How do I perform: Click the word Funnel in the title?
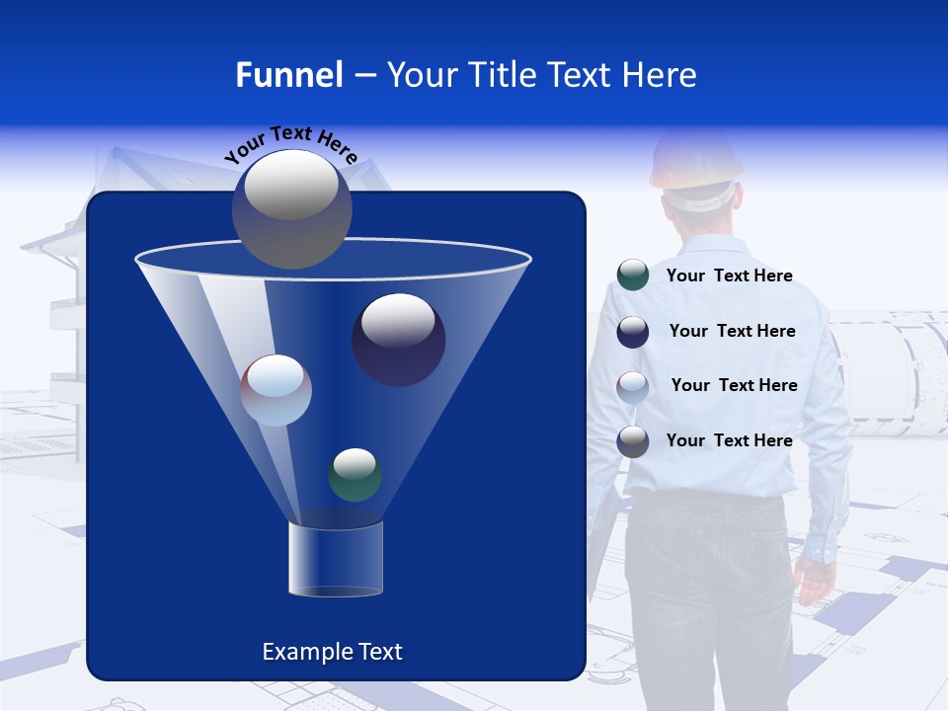[288, 75]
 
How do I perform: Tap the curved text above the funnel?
[290, 144]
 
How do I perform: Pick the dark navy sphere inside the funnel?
[398, 339]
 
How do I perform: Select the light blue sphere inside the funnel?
[276, 390]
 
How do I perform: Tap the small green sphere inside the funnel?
[355, 474]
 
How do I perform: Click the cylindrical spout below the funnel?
[335, 559]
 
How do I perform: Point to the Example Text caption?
[333, 652]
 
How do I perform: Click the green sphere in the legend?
[632, 276]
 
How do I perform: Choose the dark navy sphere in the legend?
[632, 331]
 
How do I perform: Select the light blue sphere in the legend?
[632, 386]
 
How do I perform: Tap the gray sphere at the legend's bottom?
[632, 441]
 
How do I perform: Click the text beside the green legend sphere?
[729, 276]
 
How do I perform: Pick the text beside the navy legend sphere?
[732, 331]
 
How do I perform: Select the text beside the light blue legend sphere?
[734, 385]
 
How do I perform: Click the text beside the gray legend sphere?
[729, 440]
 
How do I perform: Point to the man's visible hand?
[816, 580]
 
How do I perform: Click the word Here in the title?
[661, 75]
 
